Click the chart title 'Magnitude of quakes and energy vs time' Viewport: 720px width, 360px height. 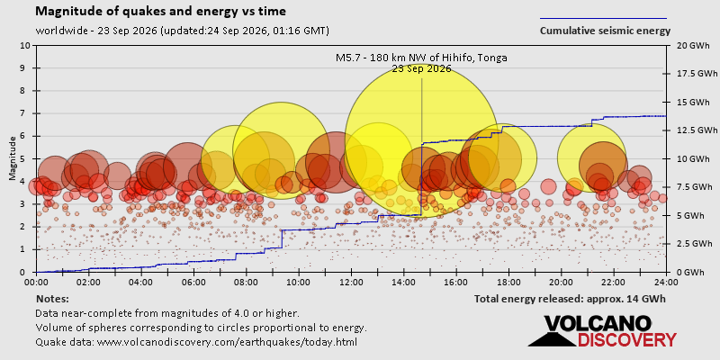[161, 12]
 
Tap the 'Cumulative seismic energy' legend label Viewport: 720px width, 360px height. [605, 31]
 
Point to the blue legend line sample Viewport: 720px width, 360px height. [603, 19]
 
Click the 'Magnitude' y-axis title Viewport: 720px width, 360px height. [13, 158]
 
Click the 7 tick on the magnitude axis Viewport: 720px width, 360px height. [28, 113]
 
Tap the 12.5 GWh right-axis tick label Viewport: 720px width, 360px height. [696, 130]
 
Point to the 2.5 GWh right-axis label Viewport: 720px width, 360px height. [694, 243]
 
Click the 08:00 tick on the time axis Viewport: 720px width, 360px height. [246, 282]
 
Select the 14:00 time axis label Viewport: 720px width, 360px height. [403, 282]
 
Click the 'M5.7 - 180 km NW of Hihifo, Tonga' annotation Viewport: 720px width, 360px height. [421, 58]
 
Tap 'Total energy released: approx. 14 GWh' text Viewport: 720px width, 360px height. [570, 300]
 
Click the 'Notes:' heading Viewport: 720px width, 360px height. [52, 300]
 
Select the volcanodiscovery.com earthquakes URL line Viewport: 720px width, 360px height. [196, 342]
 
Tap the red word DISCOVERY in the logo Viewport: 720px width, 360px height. [626, 340]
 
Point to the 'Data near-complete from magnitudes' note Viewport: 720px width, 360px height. [167, 313]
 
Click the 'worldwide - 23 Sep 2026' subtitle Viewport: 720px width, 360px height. [183, 31]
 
